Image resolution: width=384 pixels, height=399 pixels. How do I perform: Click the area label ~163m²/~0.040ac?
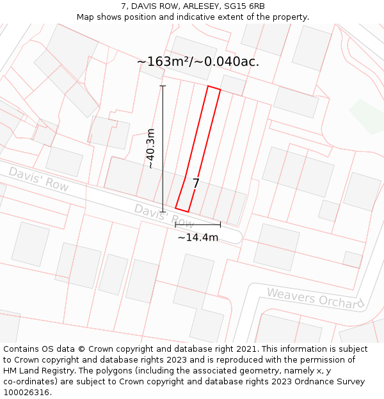point(198,62)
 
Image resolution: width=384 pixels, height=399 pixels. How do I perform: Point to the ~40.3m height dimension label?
point(151,148)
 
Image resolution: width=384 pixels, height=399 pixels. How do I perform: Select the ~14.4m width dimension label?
point(198,237)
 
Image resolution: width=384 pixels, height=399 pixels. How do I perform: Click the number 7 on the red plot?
point(196,183)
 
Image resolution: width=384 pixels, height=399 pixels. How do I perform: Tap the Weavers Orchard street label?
point(315,298)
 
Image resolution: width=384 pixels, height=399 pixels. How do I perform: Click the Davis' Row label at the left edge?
point(38,179)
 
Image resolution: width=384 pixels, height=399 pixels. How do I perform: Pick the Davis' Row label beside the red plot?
point(164,216)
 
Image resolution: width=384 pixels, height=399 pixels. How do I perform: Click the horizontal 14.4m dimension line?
point(198,225)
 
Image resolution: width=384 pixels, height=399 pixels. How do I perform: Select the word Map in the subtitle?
point(86,17)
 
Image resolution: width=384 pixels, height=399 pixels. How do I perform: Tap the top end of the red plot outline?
point(214,88)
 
